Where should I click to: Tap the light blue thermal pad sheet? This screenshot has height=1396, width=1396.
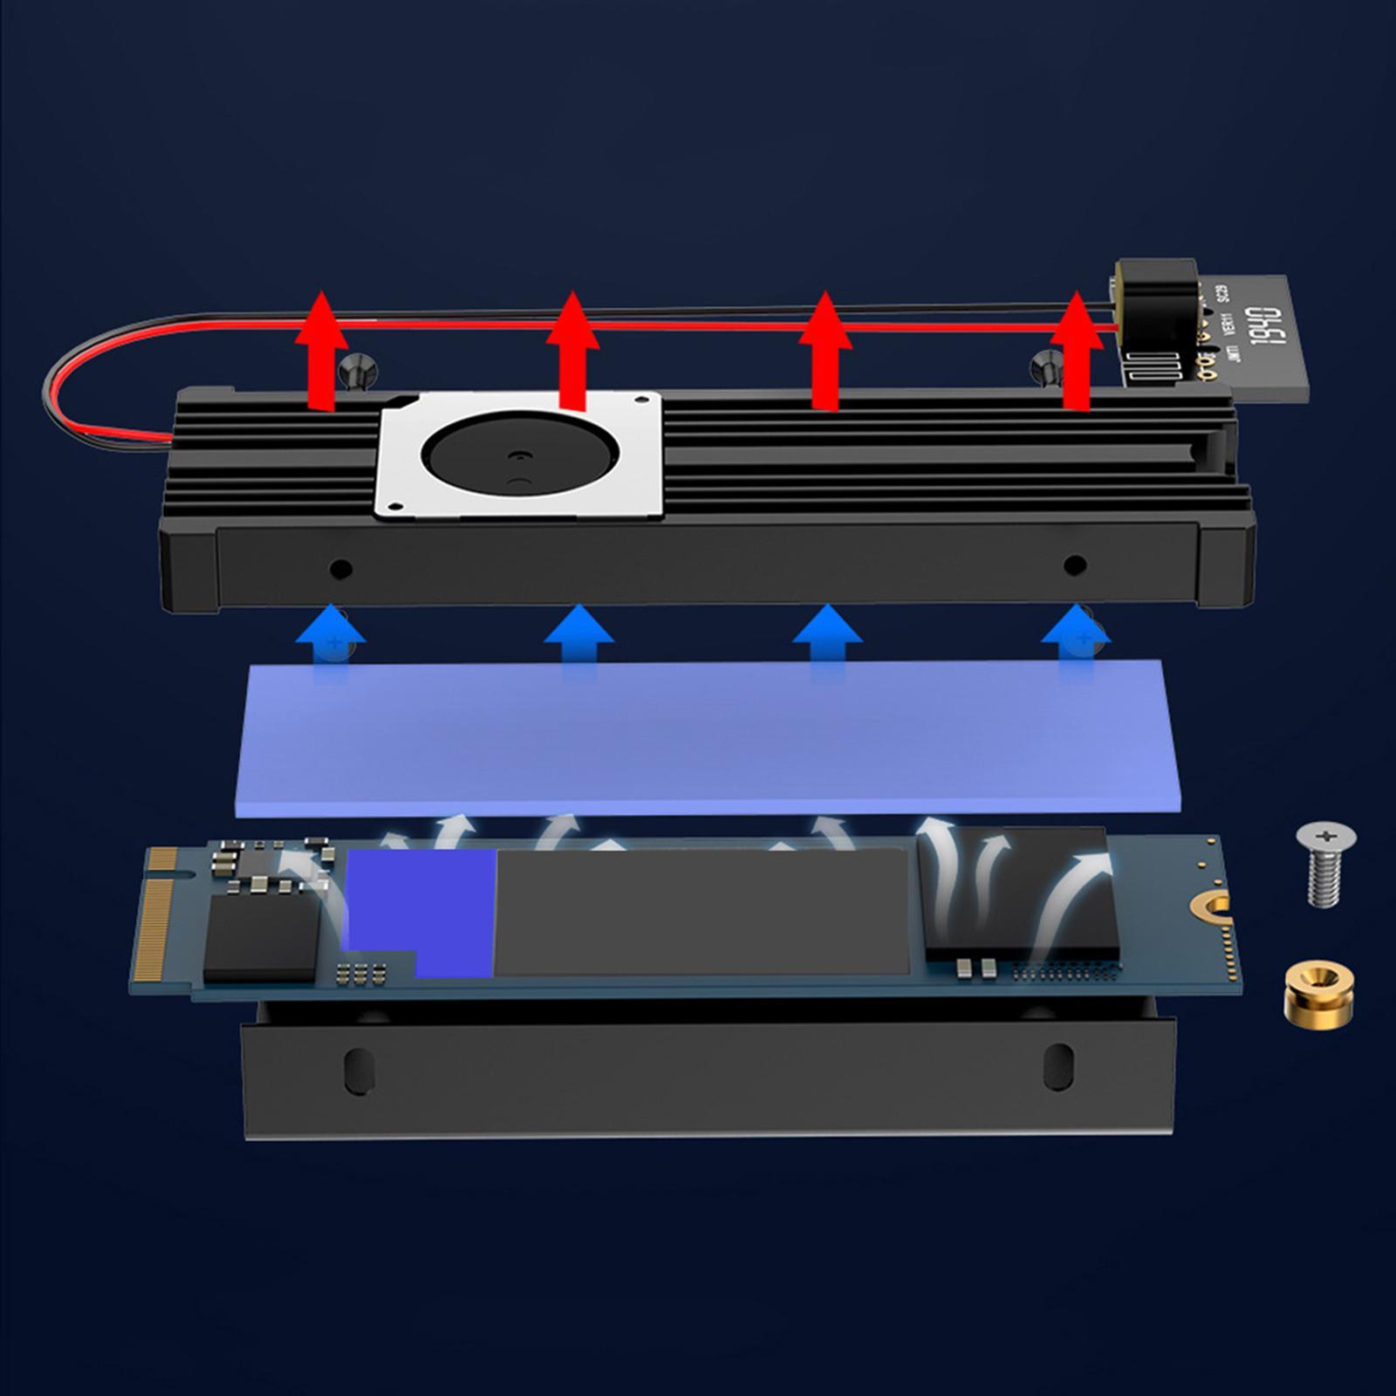pos(707,737)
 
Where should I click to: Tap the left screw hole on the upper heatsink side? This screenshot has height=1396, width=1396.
pos(340,570)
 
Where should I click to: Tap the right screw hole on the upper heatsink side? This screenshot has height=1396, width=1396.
pos(1075,565)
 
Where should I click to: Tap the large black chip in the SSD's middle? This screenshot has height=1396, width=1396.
pos(702,912)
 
